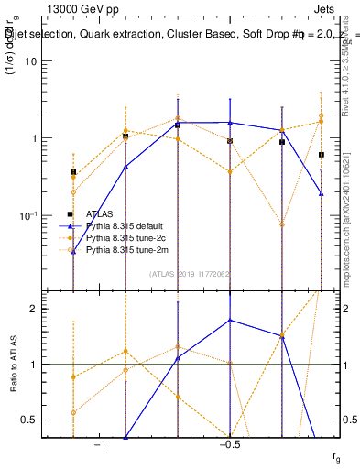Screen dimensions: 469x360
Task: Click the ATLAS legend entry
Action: [106, 213]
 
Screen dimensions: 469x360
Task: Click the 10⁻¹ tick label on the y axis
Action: [27, 216]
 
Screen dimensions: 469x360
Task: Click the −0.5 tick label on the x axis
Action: [229, 444]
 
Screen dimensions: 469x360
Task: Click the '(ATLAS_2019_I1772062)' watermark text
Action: [191, 273]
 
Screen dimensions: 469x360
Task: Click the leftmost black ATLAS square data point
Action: [73, 172]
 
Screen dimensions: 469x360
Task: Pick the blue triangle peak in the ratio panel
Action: [230, 321]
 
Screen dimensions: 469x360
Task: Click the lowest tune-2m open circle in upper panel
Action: [282, 224]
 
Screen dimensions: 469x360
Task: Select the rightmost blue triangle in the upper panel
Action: [322, 193]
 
